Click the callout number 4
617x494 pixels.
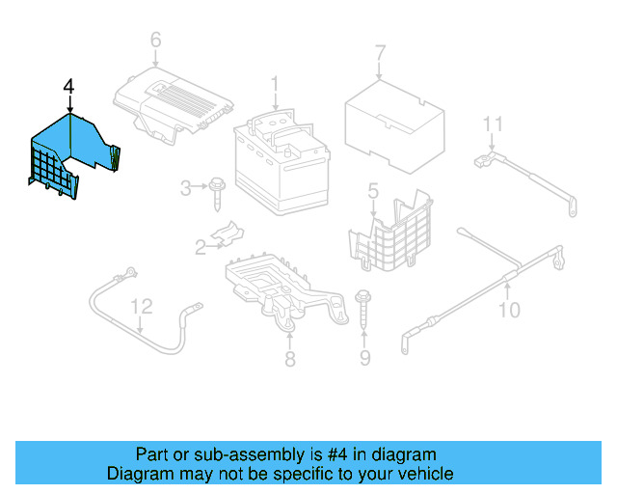[x=67, y=88]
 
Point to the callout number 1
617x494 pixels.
[x=274, y=86]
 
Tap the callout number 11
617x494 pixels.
[x=494, y=123]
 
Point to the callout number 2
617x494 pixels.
[x=201, y=248]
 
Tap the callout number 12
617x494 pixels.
[x=142, y=307]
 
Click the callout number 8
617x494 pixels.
[x=289, y=360]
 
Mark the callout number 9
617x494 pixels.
[x=364, y=360]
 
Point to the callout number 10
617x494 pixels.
[x=508, y=310]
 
